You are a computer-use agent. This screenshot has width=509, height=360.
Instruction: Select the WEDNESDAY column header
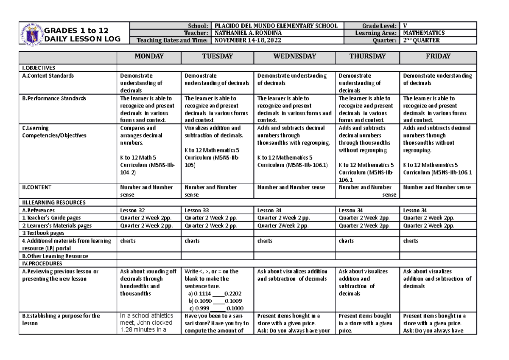tap(294, 56)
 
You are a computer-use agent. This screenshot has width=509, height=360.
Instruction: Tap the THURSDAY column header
tap(367, 56)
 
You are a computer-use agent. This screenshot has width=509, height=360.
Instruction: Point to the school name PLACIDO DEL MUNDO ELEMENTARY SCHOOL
tap(277, 26)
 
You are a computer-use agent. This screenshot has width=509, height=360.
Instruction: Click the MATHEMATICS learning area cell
tap(424, 33)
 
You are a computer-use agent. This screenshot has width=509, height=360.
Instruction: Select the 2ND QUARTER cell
tap(422, 40)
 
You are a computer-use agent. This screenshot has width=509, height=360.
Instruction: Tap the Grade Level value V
tap(405, 26)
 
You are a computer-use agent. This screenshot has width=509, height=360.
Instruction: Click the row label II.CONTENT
tap(39, 187)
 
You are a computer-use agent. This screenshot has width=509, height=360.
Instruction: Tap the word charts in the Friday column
tap(411, 241)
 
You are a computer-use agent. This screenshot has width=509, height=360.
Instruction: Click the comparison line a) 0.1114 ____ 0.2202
tap(214, 293)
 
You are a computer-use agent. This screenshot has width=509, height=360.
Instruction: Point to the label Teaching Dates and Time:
tap(171, 40)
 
